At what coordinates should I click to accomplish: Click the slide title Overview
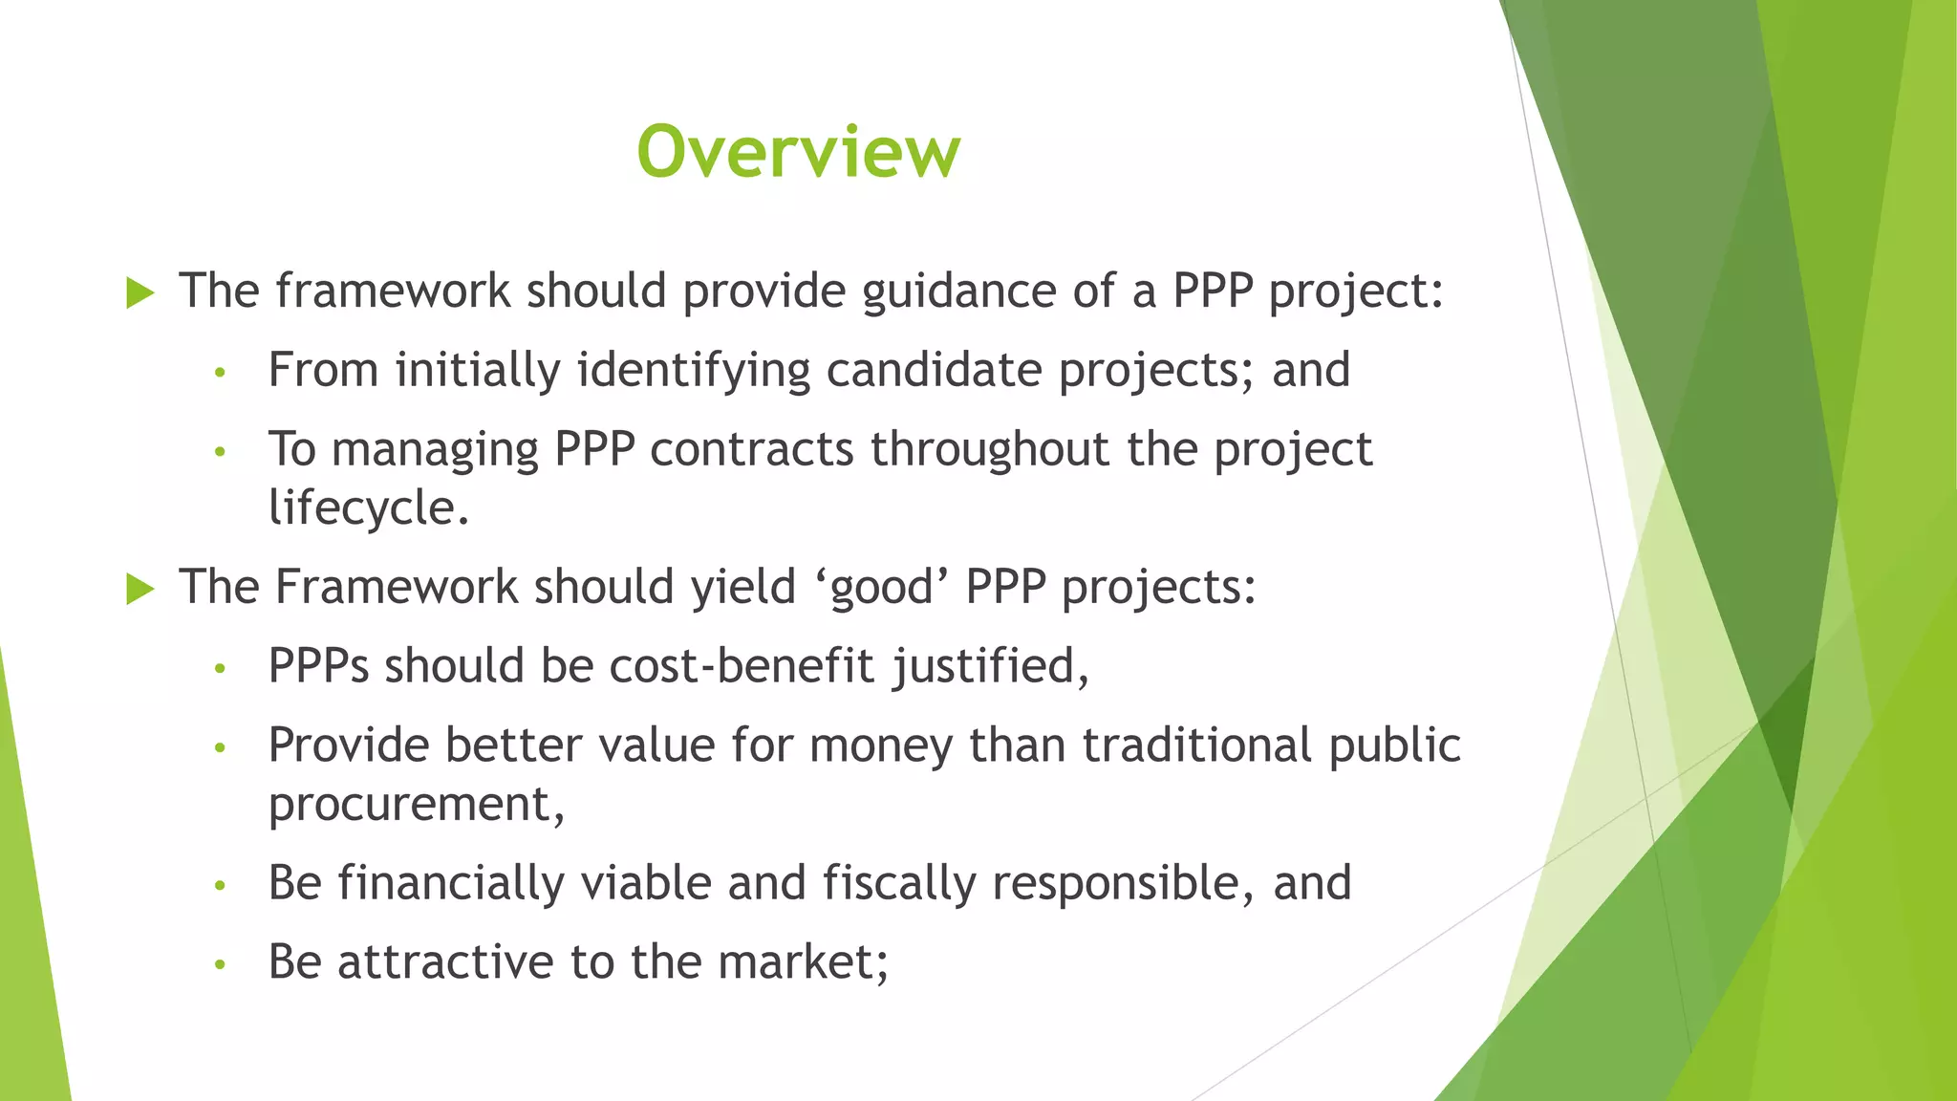coord(798,151)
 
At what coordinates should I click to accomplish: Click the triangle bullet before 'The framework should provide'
coord(140,293)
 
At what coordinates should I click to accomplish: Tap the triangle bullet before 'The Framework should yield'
coord(140,589)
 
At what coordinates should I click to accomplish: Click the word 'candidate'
coord(934,370)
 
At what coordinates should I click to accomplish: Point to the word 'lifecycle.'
coord(369,507)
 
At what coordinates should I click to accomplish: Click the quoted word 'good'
coord(881,587)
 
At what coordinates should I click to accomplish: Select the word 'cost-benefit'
coord(742,665)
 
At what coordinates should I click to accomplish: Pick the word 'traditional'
coord(1197,745)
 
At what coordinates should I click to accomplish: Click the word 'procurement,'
coord(417,805)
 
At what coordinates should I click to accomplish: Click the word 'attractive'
coord(445,961)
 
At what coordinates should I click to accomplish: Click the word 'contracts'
coord(751,449)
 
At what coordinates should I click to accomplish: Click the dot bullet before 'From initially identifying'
coord(220,373)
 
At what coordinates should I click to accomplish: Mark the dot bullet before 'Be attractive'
coord(220,964)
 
